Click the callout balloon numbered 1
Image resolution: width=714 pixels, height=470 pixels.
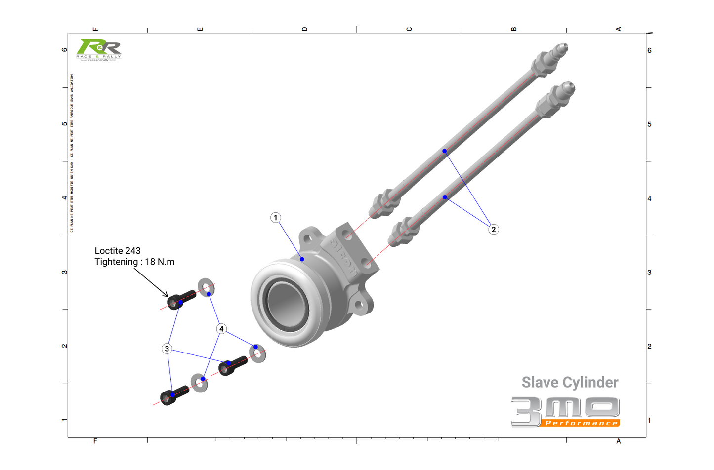tap(276, 218)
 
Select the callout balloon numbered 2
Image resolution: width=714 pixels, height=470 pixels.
tap(493, 230)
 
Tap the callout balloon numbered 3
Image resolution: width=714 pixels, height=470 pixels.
tap(167, 349)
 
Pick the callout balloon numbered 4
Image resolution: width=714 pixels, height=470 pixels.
tap(221, 329)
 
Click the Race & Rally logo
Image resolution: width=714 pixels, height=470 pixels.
tap(99, 50)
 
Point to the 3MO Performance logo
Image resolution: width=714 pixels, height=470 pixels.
tap(566, 411)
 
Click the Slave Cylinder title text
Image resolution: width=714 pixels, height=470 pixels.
tap(570, 382)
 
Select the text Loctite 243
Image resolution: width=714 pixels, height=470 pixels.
tap(118, 251)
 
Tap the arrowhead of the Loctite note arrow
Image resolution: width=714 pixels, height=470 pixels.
tap(167, 295)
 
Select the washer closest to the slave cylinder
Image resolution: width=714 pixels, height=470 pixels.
tap(257, 353)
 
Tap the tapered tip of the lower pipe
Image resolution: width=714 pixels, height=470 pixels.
tap(568, 89)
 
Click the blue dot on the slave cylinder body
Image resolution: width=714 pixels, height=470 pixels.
tap(302, 259)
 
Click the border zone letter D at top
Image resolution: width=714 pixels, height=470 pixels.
tap(304, 29)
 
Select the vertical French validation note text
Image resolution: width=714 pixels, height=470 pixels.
tap(72, 153)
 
